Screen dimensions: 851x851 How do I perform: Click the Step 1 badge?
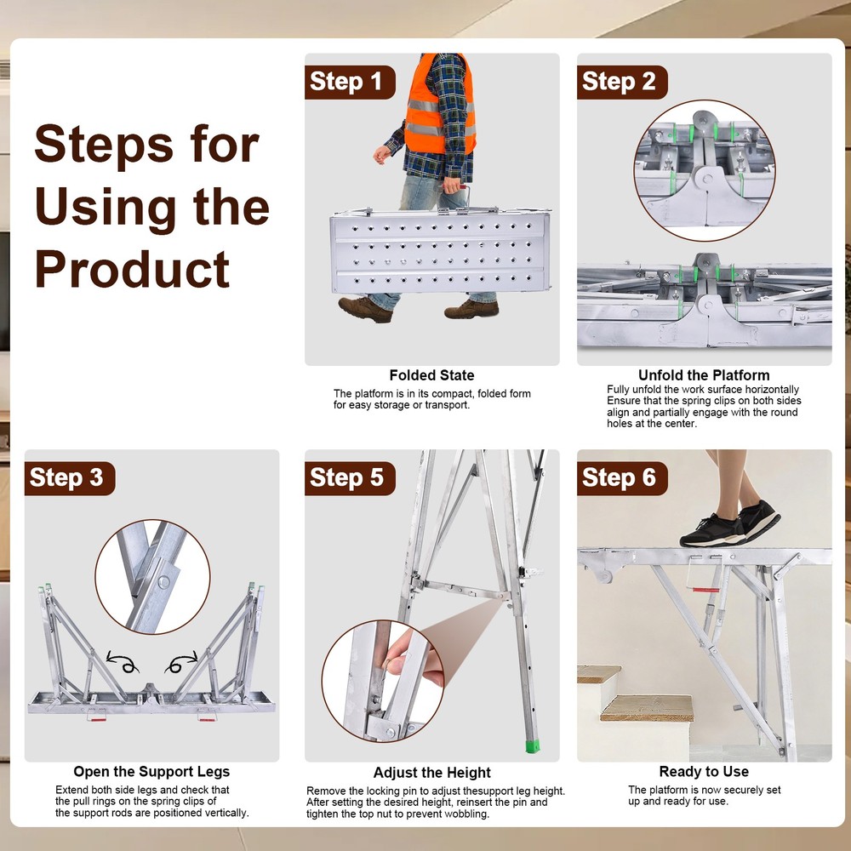click(350, 83)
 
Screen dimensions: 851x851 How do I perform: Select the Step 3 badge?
click(69, 478)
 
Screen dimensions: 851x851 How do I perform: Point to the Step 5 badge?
click(350, 478)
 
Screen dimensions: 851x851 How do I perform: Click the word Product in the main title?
click(132, 269)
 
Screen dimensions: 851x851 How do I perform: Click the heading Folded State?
click(431, 375)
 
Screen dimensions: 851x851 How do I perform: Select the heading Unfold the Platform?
click(704, 375)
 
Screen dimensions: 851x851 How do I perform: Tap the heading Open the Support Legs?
click(151, 772)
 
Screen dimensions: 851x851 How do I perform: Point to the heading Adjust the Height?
click(431, 773)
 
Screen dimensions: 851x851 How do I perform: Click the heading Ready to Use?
click(704, 772)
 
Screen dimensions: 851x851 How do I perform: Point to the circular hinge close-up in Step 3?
click(152, 576)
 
